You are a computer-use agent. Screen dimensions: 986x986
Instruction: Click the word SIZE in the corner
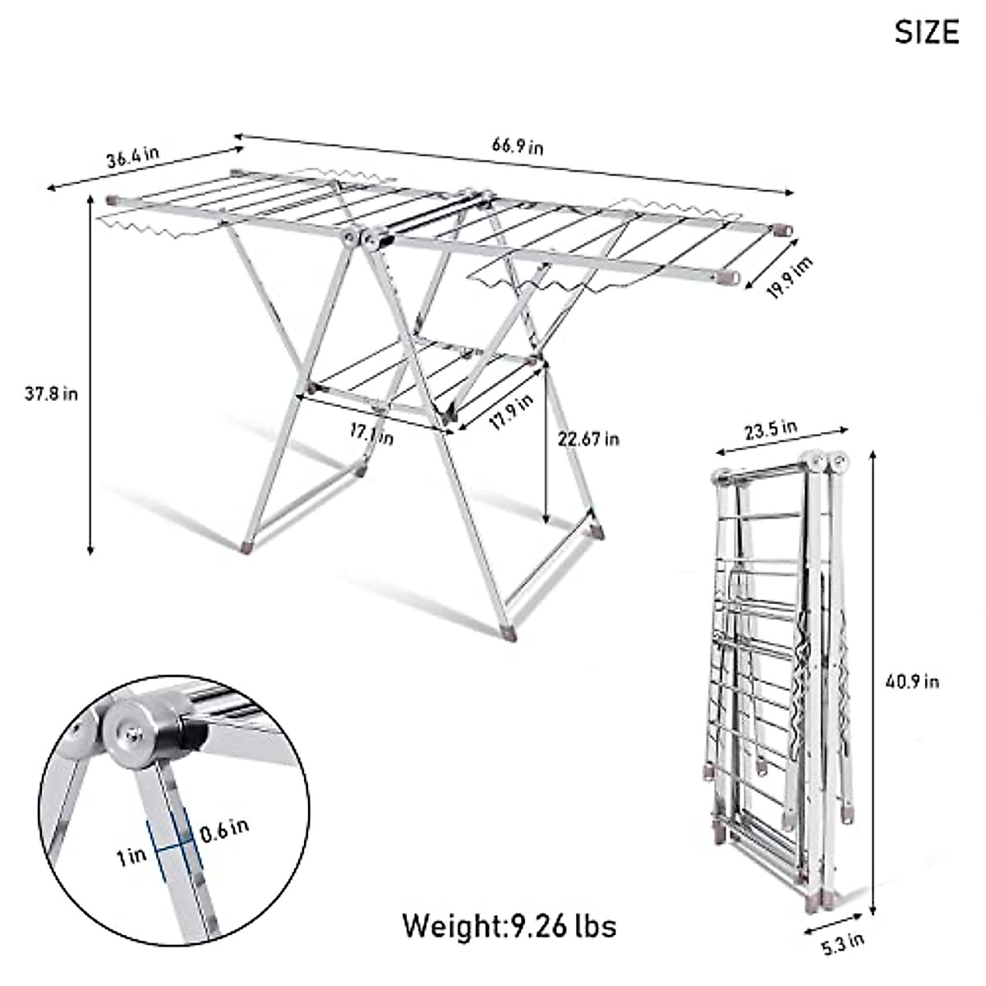(926, 32)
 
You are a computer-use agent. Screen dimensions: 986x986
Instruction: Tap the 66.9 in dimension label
(518, 146)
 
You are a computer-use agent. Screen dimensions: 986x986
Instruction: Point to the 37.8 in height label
(51, 394)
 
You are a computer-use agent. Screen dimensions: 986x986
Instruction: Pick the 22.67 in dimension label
(588, 439)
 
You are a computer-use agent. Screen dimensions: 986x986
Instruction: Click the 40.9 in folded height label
(912, 681)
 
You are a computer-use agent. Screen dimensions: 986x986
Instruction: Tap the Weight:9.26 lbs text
(509, 925)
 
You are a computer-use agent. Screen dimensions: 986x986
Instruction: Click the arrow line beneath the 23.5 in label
(781, 440)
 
